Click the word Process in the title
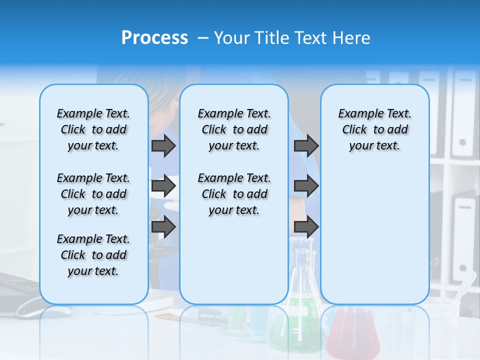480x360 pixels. tap(154, 38)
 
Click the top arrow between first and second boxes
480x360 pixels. tap(163, 145)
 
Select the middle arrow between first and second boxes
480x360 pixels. tap(163, 186)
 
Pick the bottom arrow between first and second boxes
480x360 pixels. tap(163, 227)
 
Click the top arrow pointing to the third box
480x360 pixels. tap(306, 145)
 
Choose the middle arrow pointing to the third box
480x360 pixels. tap(306, 186)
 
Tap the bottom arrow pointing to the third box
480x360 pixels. tap(306, 227)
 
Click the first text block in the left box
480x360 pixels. tap(93, 129)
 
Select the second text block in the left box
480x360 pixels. tap(93, 194)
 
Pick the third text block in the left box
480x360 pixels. tap(93, 255)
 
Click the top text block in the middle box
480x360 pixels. tap(234, 129)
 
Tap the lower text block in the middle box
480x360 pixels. tap(234, 194)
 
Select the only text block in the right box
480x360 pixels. tap(374, 129)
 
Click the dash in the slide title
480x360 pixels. tap(203, 38)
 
